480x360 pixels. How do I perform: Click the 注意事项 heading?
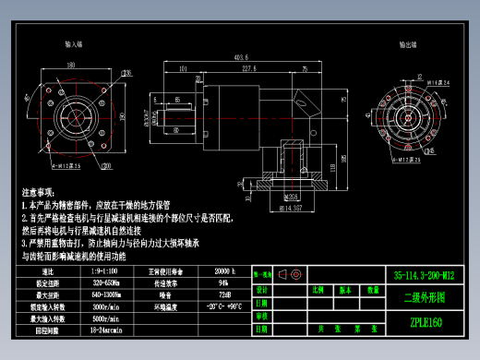pyautogui.click(x=42, y=186)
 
